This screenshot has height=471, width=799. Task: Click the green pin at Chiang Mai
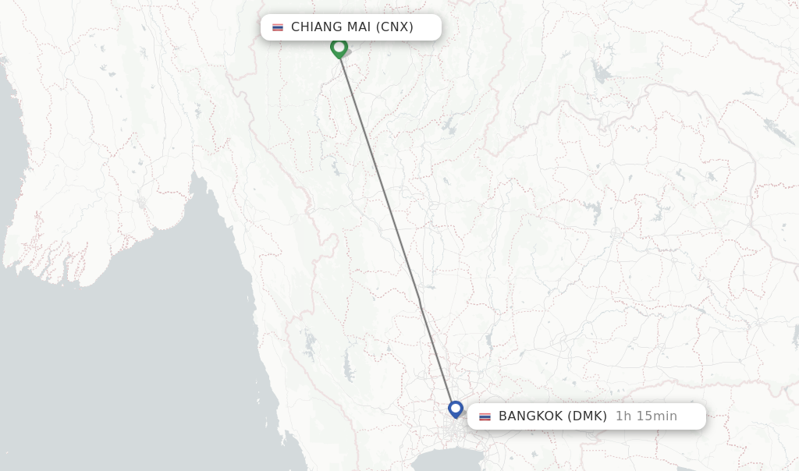339,48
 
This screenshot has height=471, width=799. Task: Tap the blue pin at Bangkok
456,409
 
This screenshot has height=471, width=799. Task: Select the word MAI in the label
359,27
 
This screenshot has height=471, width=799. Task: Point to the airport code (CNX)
394,27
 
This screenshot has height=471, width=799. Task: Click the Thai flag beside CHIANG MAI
278,27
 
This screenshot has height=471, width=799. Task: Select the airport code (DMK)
587,416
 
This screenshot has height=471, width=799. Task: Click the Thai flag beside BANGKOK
485,416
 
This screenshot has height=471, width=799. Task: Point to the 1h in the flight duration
623,416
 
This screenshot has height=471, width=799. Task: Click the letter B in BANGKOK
503,416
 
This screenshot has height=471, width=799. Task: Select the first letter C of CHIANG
296,27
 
